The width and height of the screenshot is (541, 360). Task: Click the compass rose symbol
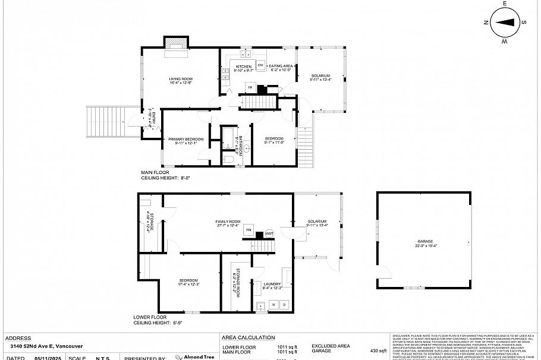tap(505, 23)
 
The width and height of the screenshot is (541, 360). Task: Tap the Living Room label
tap(181, 81)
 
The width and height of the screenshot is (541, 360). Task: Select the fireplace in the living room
tap(177, 45)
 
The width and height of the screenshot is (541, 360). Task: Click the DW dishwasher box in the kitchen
tap(260, 65)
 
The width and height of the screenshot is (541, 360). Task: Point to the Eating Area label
tap(280, 68)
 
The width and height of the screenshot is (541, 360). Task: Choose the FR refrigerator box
tap(250, 88)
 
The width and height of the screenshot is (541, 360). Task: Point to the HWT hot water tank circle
tap(269, 233)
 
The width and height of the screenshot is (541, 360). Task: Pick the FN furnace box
tap(249, 230)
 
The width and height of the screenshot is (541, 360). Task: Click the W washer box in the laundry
tap(274, 305)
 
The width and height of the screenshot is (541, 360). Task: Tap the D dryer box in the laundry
tap(284, 305)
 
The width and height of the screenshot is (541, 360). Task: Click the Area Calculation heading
tap(249, 337)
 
